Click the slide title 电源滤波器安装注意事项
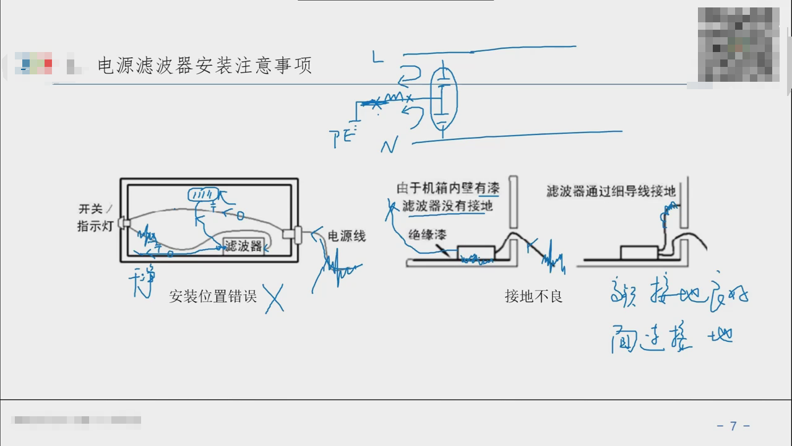tap(205, 65)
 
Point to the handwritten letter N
tap(389, 146)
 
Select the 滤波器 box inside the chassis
tap(244, 246)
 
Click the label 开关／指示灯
tap(96, 217)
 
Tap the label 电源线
tap(346, 236)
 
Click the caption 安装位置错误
tap(213, 296)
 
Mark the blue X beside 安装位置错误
tap(273, 298)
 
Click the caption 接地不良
tap(533, 296)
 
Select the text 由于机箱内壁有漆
tap(448, 188)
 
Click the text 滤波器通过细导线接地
tap(611, 191)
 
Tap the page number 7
tap(733, 426)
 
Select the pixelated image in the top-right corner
tap(738, 44)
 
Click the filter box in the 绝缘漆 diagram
tap(476, 253)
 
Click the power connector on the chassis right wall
tap(291, 235)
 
